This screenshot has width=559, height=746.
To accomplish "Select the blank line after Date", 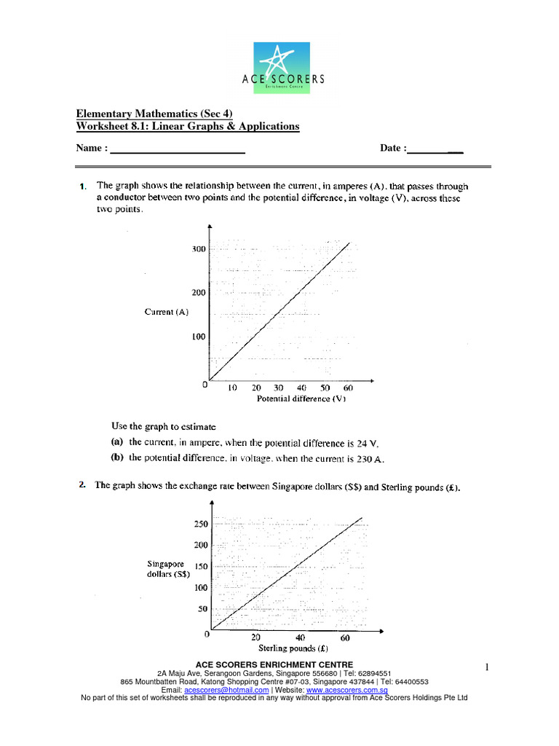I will tap(435, 149).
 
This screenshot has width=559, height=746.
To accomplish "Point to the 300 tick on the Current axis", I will tap(199, 249).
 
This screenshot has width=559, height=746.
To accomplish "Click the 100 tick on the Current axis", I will tap(199, 337).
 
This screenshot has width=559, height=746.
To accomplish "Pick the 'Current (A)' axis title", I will tap(167, 312).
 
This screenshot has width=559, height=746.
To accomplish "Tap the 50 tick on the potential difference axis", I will tap(325, 388).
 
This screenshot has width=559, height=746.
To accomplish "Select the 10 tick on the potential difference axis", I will tap(233, 388).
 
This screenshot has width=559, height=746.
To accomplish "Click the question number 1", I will tap(83, 187).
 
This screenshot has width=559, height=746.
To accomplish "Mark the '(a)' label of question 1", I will tap(117, 442).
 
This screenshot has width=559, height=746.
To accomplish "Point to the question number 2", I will tap(83, 487).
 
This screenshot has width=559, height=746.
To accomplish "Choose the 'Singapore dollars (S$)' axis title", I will tap(168, 568).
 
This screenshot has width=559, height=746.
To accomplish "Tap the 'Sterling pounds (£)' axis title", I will tap(293, 648).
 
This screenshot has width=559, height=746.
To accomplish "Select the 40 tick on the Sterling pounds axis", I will tap(300, 637).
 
